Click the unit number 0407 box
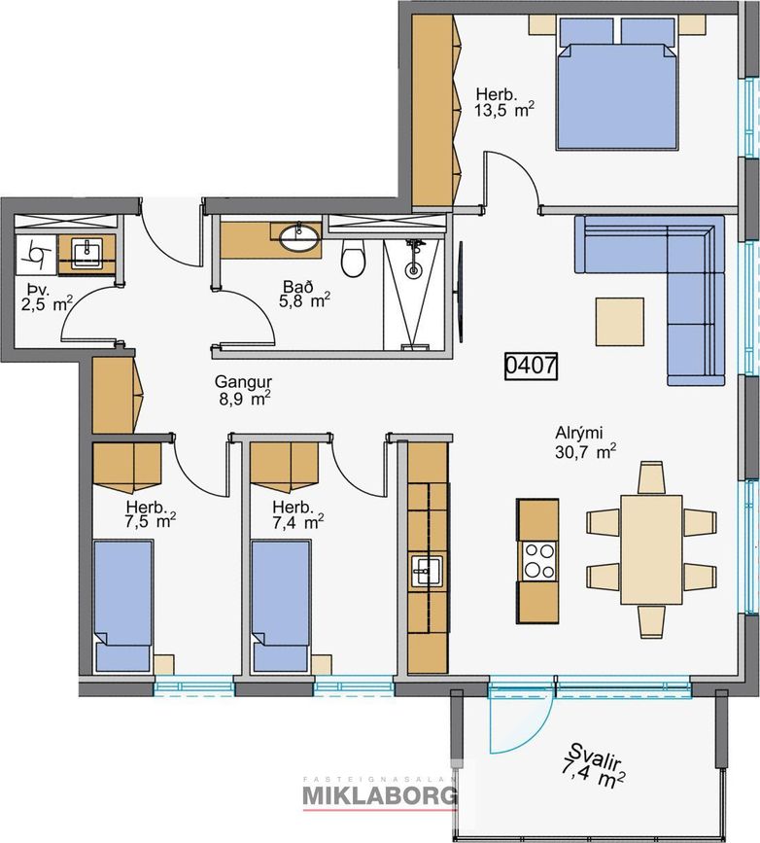point(531,366)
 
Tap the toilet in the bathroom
point(353,258)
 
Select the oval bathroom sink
point(298,238)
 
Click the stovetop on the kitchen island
point(537,561)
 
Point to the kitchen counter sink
point(427,572)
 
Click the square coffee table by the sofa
point(619,322)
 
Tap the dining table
point(651,549)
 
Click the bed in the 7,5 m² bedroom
point(122,606)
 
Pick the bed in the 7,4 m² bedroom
point(281,606)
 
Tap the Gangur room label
point(243,382)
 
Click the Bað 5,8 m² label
point(303,294)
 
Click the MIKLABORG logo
point(380,794)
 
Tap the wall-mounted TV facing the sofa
point(460,292)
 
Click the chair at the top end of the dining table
point(651,477)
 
